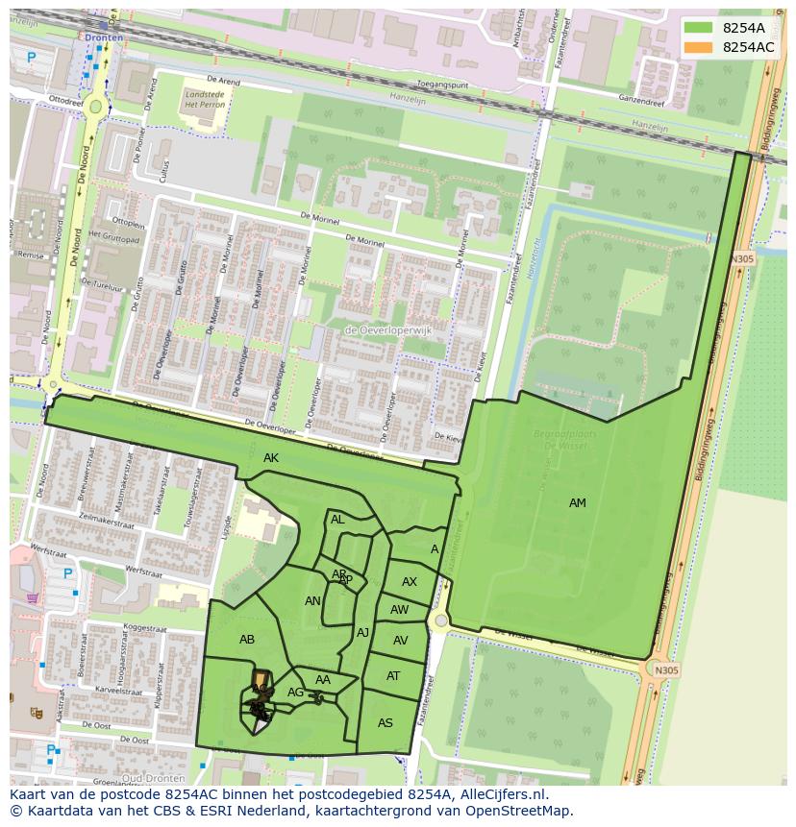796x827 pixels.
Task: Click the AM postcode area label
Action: coord(577,503)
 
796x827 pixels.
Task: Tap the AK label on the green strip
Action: coord(271,458)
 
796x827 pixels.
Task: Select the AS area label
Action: coord(386,723)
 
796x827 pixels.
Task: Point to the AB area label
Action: coord(247,640)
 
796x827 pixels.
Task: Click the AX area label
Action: coord(410,582)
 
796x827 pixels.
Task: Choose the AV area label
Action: coord(401,641)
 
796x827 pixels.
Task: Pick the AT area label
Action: coord(393,676)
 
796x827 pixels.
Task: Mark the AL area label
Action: coord(337,520)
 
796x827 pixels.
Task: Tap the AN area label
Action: coord(312,601)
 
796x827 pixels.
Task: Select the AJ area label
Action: coord(362,633)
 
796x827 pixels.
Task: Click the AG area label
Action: coord(295,693)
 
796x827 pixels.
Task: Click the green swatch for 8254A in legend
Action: coord(698,28)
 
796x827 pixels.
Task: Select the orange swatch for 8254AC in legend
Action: coord(698,47)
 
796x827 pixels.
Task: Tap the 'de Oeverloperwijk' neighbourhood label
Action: coord(388,330)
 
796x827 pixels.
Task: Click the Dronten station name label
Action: coord(104,37)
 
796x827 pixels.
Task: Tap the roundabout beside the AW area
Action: coord(440,621)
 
